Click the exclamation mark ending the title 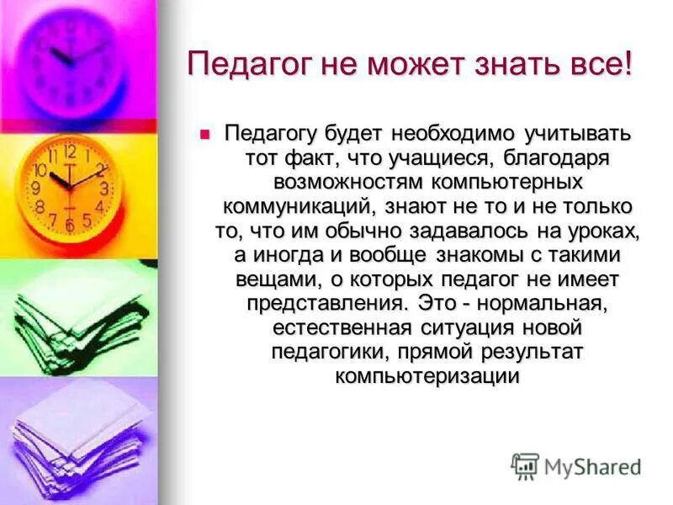[627, 64]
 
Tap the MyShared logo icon [525, 465]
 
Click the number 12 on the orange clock [70, 152]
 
